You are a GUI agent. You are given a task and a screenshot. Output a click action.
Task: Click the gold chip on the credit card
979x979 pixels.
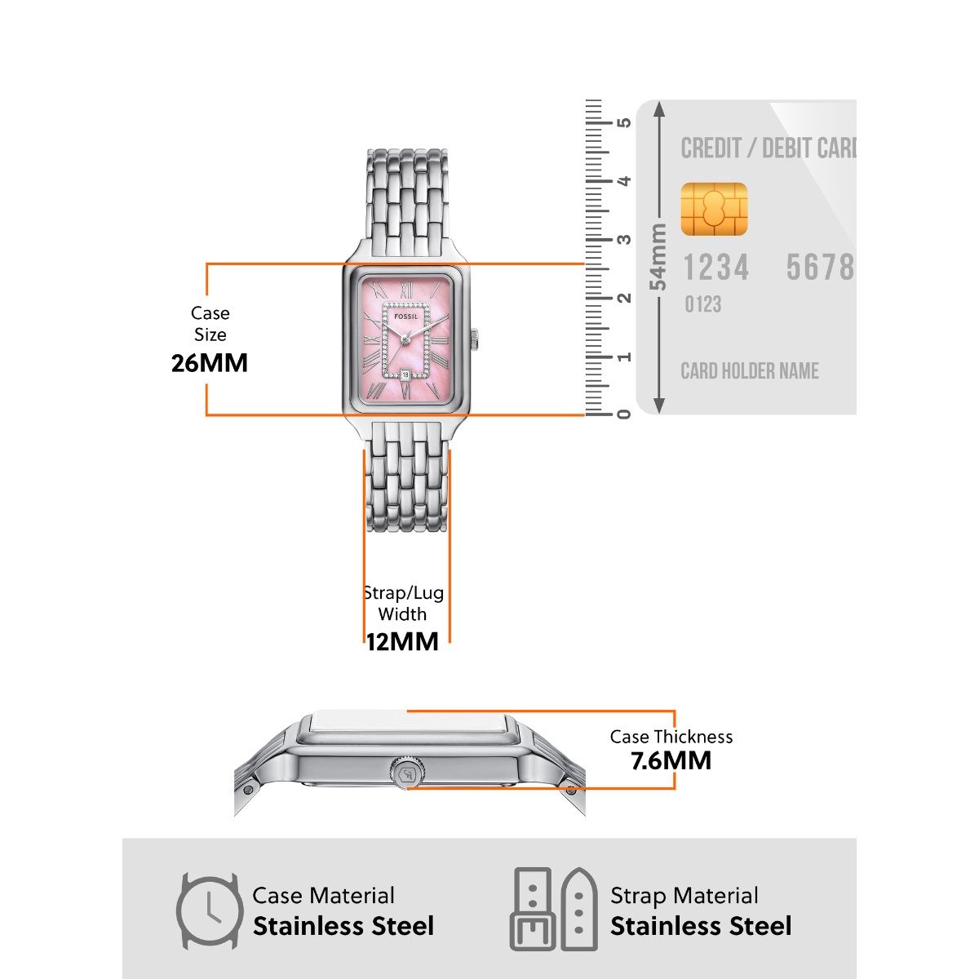click(714, 210)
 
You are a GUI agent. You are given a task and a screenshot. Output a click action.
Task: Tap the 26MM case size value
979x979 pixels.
click(210, 363)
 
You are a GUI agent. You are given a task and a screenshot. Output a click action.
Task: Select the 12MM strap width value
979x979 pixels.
click(402, 642)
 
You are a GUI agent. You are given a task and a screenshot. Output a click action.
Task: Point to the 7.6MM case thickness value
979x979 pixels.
click(671, 761)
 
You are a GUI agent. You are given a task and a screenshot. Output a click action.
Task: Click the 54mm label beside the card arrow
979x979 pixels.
click(658, 256)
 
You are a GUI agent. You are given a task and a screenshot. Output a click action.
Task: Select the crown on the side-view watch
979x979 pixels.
click(405, 772)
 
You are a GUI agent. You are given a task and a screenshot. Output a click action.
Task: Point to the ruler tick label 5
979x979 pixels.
click(624, 122)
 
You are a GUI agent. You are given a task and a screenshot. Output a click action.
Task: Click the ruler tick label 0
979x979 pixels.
click(624, 414)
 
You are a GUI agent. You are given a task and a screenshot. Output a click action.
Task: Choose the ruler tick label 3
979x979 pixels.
click(624, 240)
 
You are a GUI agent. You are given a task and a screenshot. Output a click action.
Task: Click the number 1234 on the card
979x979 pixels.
click(715, 268)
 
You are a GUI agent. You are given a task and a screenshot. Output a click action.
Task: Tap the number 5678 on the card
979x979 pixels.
click(819, 268)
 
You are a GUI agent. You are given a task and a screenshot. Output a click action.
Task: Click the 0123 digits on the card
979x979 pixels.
click(702, 304)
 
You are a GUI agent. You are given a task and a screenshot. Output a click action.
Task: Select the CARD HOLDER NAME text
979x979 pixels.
click(750, 371)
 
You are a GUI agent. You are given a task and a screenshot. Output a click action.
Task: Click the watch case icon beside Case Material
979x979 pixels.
click(210, 910)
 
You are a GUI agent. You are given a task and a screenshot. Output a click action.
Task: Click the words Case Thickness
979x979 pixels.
click(671, 737)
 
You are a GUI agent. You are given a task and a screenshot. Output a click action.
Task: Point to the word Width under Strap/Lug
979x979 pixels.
click(402, 614)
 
